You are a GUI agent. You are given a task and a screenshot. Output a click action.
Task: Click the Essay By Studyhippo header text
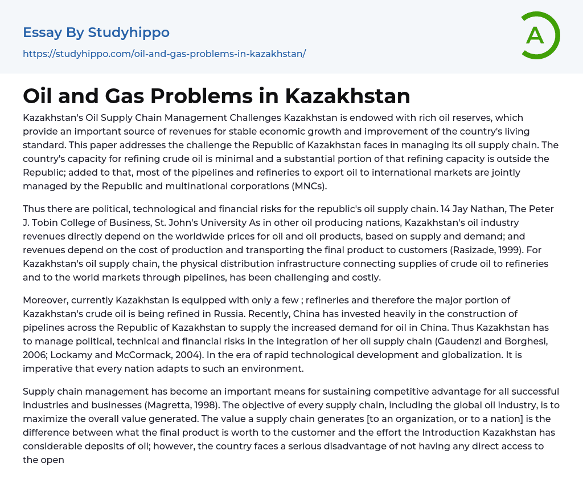[x=96, y=33]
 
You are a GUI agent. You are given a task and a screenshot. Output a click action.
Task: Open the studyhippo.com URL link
[x=164, y=54]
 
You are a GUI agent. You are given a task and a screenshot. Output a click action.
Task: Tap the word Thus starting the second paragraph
[x=34, y=209]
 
